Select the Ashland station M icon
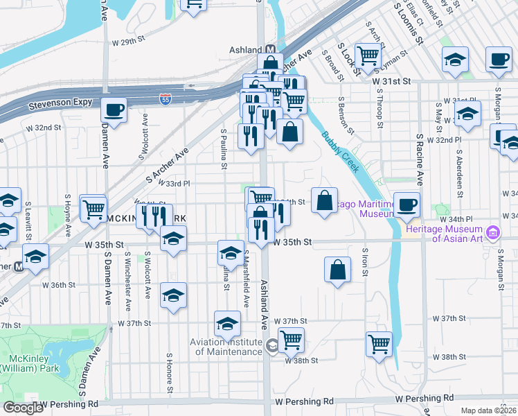tap(271, 50)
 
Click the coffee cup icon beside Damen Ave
tap(114, 110)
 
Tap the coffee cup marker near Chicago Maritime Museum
tap(407, 205)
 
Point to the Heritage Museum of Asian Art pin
tap(492, 231)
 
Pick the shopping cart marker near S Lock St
tap(368, 55)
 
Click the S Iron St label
tap(364, 261)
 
